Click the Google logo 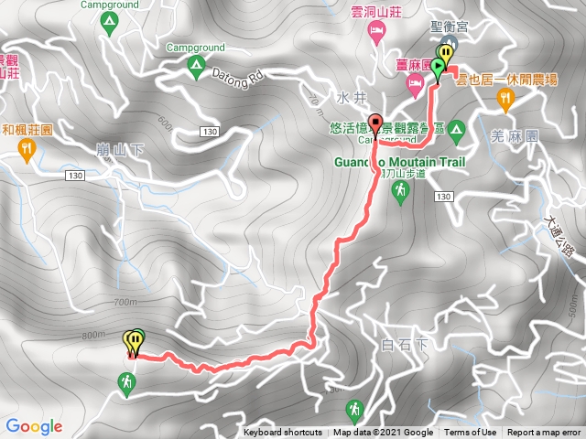point(34,426)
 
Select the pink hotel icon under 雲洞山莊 point(375,33)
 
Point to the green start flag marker point(439,68)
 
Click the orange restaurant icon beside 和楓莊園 point(27,146)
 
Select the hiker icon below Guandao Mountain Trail point(400,190)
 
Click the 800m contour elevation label point(92,335)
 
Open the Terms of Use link point(471,433)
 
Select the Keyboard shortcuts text point(282,433)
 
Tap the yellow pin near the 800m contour point(131,341)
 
